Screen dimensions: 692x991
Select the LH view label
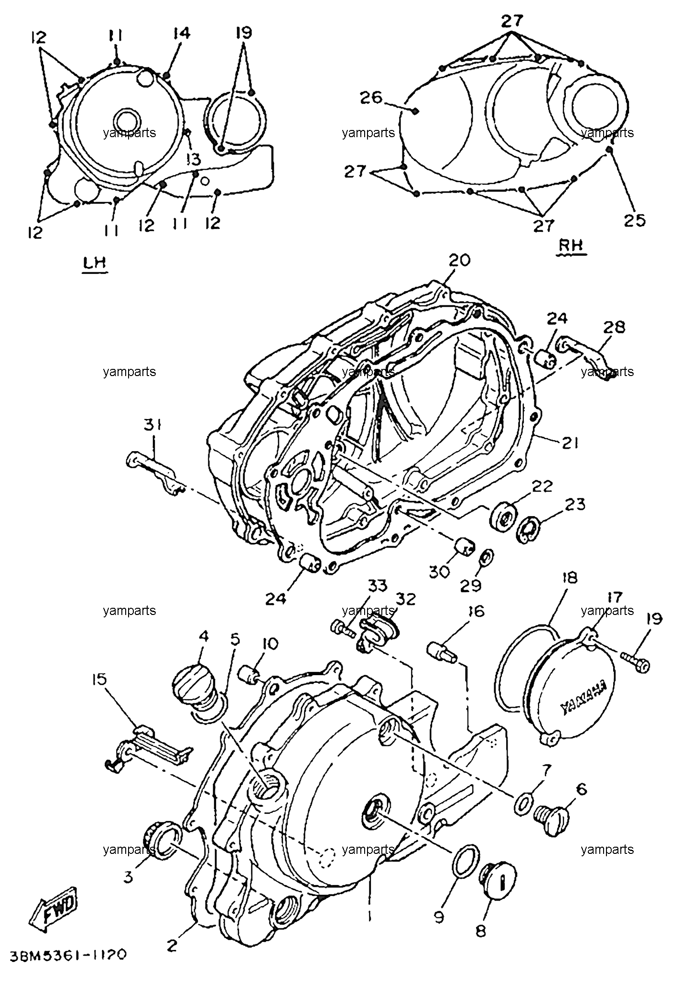94,264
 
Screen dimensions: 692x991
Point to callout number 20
460,261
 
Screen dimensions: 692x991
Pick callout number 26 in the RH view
371,97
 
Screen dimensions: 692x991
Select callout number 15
100,679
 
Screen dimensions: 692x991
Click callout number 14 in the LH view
182,33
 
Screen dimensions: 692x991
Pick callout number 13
194,160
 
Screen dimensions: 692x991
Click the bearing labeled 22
502,517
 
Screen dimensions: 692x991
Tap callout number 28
614,328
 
